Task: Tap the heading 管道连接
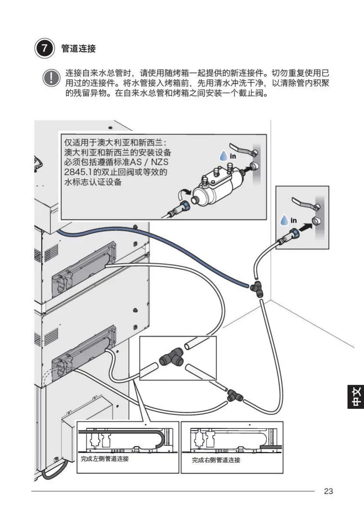coord(79,49)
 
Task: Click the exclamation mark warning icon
coord(52,79)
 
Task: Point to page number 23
coord(328,491)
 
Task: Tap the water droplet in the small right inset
coord(284,221)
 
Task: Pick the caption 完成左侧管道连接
coord(105,459)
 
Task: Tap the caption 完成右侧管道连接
coord(216,460)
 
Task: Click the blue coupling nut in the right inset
coord(294,232)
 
